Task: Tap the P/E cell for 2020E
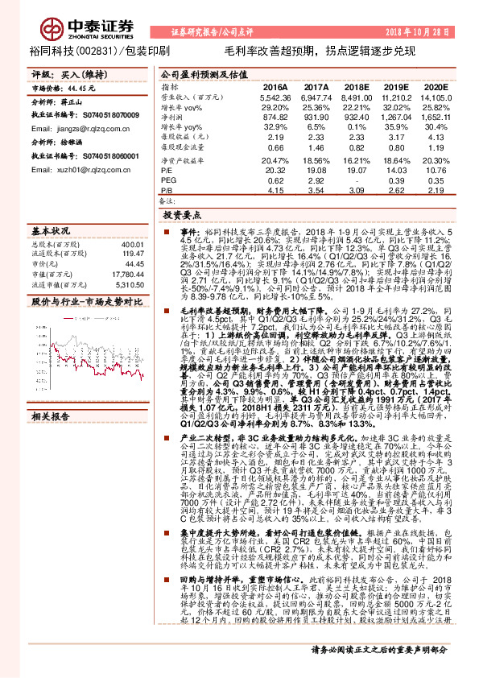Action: pos(436,172)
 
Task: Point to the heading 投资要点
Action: pos(181,217)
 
